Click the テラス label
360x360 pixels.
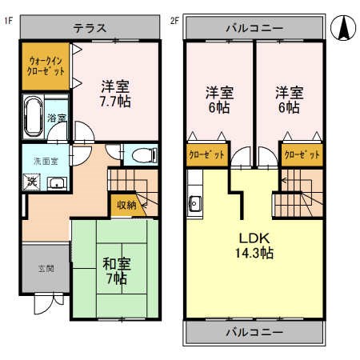click(90, 27)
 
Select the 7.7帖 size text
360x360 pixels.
click(115, 102)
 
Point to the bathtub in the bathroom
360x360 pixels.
click(34, 117)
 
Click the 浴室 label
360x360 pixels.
click(57, 118)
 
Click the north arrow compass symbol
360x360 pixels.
click(342, 29)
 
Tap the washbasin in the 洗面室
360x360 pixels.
click(56, 183)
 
